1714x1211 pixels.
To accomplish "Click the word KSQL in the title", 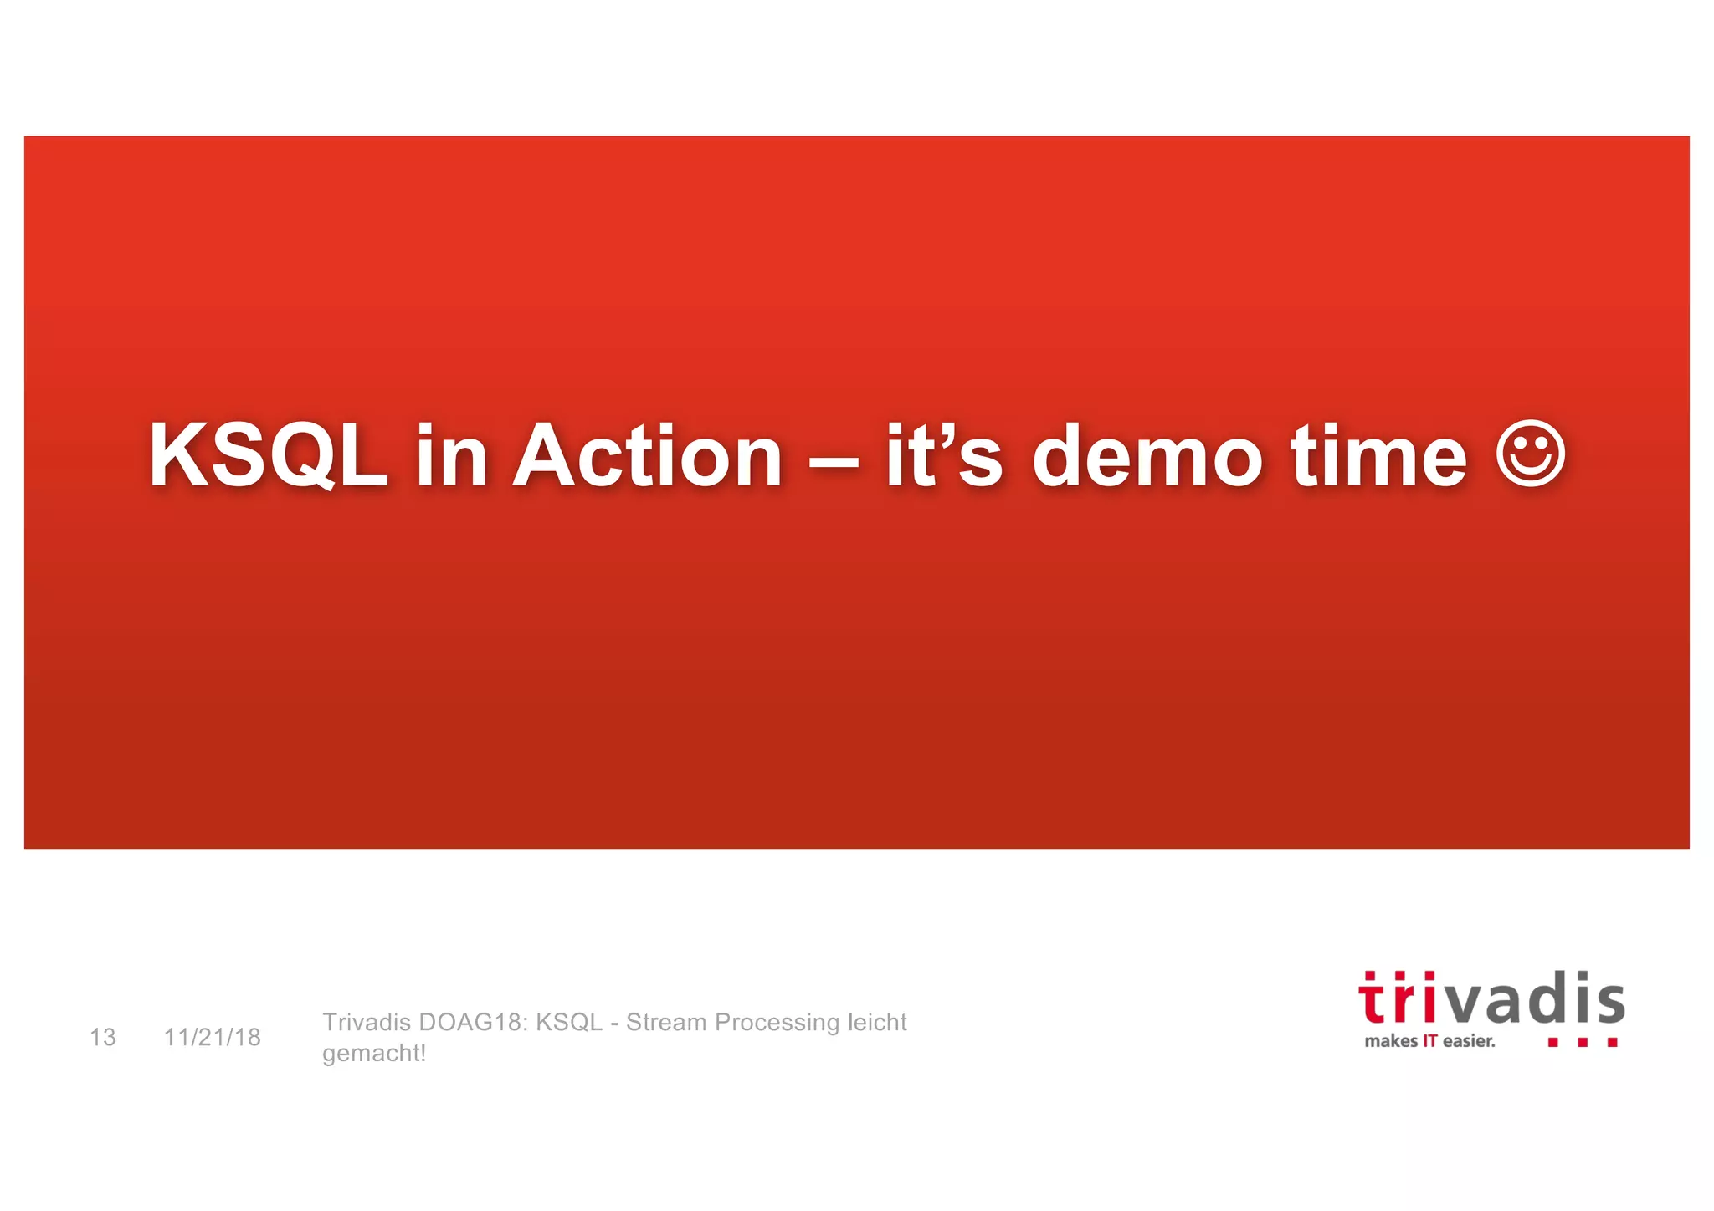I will click(268, 455).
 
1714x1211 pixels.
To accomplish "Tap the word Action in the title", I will click(647, 455).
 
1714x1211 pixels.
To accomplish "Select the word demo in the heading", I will click(1147, 455).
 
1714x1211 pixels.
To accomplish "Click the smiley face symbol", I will click(1530, 453).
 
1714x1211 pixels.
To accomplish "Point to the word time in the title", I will click(1378, 455).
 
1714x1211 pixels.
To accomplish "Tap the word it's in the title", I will click(943, 455).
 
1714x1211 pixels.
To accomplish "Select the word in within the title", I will click(451, 455).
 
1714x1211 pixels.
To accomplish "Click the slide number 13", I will click(102, 1037).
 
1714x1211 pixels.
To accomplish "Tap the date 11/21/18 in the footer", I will click(212, 1037).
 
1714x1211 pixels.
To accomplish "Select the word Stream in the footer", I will click(665, 1022).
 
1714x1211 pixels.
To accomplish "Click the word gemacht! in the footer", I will click(374, 1053).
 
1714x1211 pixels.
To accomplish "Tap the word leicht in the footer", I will click(877, 1022).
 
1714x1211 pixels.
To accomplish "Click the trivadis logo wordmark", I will click(1491, 999).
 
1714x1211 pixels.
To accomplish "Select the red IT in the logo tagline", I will click(1429, 1041).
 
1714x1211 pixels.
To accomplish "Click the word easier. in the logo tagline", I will click(1469, 1041).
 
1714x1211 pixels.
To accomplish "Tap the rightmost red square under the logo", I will click(1612, 1042).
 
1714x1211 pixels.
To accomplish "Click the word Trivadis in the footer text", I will click(367, 1022).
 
